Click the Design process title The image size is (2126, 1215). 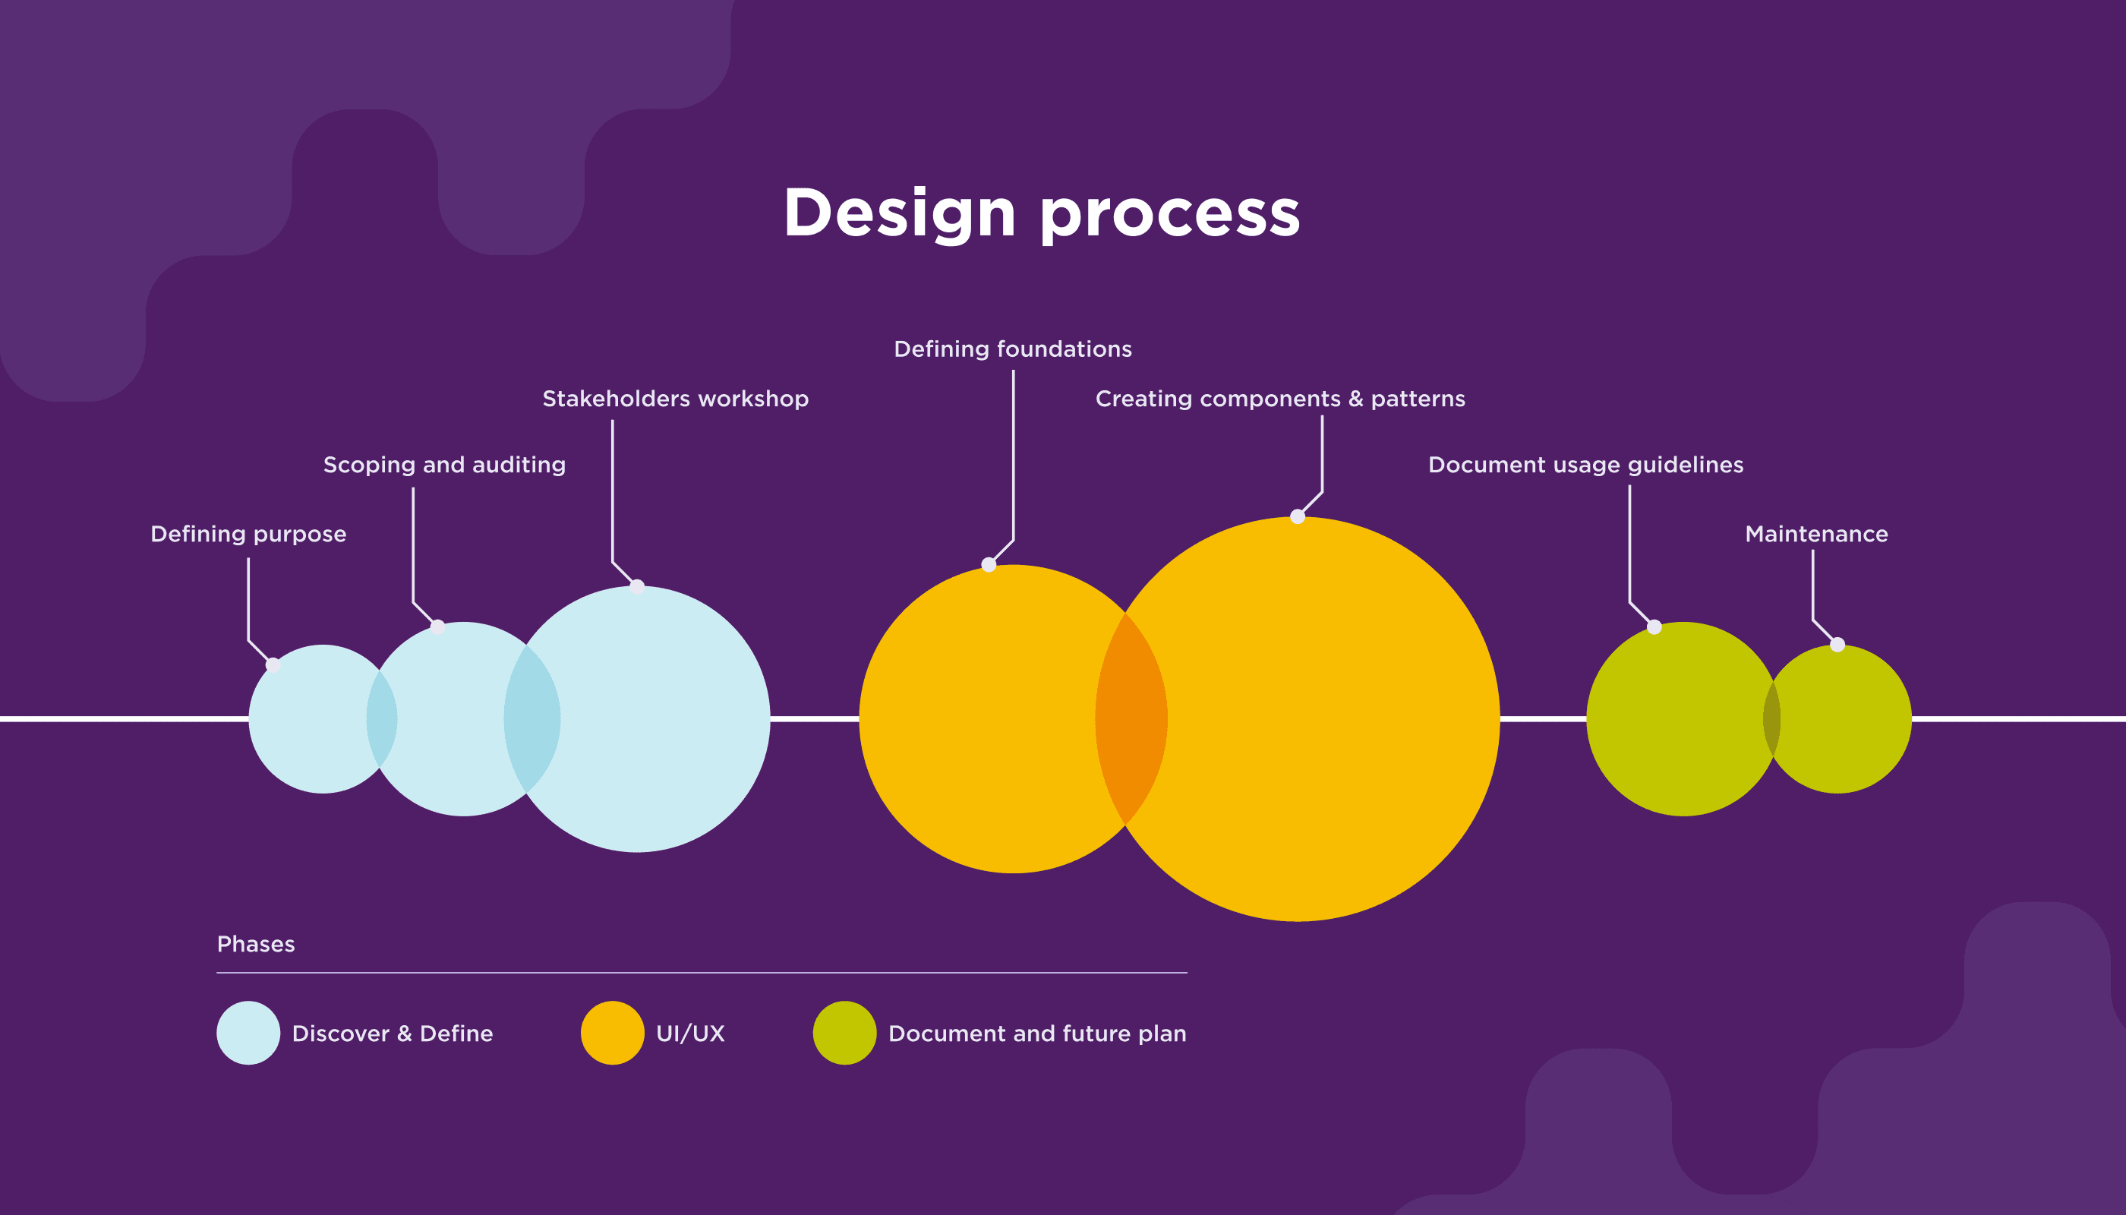1041,213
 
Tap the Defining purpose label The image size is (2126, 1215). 248,534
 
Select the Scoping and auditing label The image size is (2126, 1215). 444,465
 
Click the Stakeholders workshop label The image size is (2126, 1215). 675,399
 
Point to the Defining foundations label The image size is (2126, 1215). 1012,349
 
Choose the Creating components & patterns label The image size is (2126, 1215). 1280,399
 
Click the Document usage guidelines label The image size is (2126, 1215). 1585,465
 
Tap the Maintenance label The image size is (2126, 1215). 1815,534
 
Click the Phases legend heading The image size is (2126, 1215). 255,944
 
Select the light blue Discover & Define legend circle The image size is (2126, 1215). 248,1032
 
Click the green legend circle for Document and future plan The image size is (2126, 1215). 844,1032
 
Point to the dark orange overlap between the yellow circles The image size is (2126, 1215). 1131,718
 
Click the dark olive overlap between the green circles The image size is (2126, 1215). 1771,718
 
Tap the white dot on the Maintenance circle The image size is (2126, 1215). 1837,644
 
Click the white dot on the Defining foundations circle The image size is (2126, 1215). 989,565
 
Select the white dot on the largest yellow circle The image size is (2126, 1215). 1298,516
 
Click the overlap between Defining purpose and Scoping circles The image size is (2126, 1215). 381,718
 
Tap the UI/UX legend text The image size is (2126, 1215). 690,1033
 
